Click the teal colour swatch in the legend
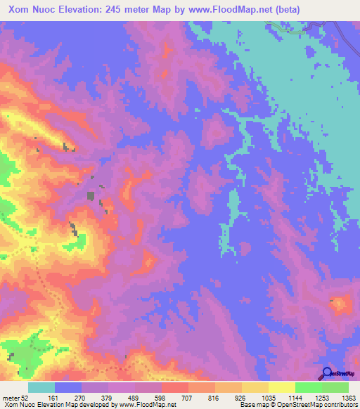click(x=41, y=387)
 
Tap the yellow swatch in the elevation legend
click(x=281, y=387)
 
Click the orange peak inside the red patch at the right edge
click(x=342, y=304)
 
